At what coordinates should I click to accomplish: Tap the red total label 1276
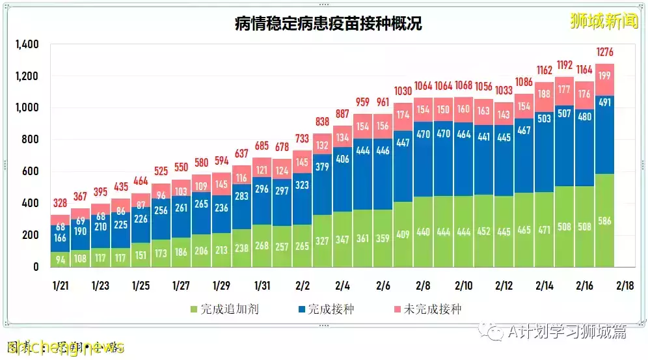[604, 52]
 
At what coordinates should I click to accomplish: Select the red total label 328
[61, 203]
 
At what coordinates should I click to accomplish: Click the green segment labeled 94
[61, 259]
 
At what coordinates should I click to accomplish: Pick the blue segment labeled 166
[61, 238]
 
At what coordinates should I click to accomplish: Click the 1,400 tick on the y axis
[27, 44]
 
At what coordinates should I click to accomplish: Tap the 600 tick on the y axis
[31, 171]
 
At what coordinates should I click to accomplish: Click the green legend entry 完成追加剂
[230, 309]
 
